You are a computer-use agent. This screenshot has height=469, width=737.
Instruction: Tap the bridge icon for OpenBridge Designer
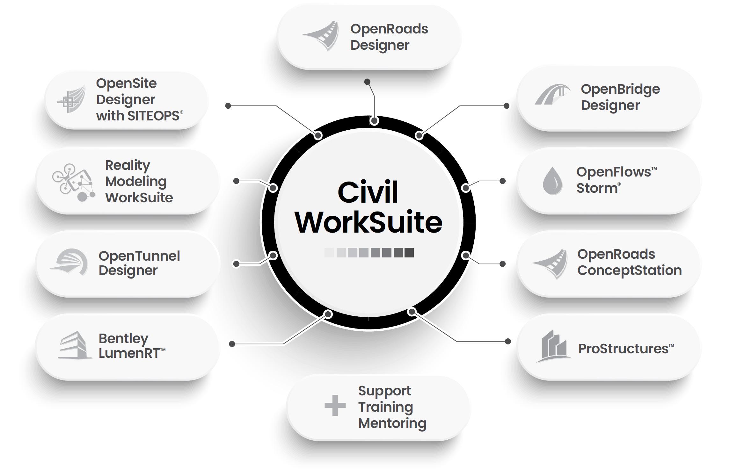pos(552,95)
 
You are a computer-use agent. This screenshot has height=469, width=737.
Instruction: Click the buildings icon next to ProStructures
pos(554,347)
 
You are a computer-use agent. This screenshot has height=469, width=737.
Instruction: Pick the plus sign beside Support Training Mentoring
pos(335,405)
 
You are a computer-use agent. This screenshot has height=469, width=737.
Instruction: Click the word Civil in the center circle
pos(368,192)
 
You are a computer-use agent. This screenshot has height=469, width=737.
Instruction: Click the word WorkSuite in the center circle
pos(369,222)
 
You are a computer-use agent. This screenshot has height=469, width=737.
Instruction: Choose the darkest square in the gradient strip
pos(409,253)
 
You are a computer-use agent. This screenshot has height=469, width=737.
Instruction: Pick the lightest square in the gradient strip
pos(329,253)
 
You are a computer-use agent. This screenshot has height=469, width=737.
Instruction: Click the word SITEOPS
pos(153,116)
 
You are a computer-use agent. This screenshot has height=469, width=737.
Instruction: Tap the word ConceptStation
pos(629,270)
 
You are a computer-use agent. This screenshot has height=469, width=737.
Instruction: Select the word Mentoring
pos(392,423)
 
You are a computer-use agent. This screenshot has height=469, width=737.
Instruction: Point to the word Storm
pos(596,188)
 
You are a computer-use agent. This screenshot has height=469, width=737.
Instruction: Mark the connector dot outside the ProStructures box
pos(508,341)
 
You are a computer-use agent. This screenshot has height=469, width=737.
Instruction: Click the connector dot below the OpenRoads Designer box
pos(367,82)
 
